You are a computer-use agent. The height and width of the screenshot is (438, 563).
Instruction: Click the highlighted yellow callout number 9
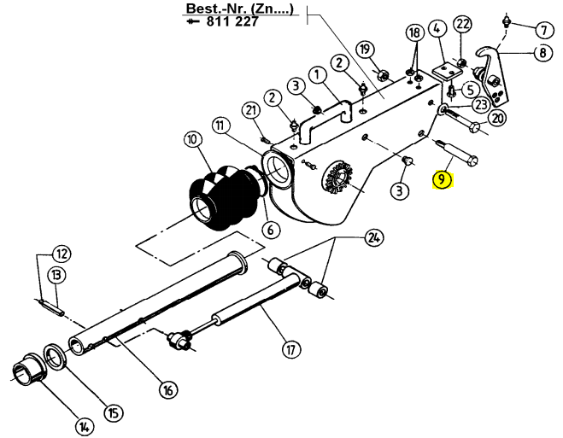click(x=442, y=179)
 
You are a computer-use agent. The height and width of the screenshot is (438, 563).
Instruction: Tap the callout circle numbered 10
click(x=193, y=139)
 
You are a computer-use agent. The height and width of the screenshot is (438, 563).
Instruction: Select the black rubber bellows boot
click(x=221, y=198)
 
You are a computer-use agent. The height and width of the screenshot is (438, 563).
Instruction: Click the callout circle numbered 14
click(x=85, y=427)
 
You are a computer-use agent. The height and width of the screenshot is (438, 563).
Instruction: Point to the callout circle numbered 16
click(x=168, y=389)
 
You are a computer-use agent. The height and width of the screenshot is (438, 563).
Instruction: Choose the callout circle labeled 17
click(x=291, y=348)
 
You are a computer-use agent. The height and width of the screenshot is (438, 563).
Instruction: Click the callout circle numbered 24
click(x=374, y=237)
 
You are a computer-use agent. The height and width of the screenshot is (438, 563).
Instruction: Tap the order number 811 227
click(x=232, y=22)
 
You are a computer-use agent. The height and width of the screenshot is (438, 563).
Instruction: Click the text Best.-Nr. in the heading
click(x=206, y=8)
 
